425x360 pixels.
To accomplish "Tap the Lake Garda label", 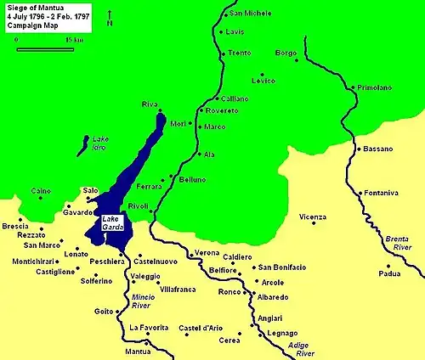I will coord(113,223).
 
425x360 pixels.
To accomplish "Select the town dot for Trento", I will coord(224,53).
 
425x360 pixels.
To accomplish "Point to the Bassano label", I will coord(378,149).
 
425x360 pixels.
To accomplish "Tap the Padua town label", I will coord(389,273).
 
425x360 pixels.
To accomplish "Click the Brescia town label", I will coord(15,227).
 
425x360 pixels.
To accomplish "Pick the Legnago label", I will coord(283,335).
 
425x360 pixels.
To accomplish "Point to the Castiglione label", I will coord(31,270).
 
